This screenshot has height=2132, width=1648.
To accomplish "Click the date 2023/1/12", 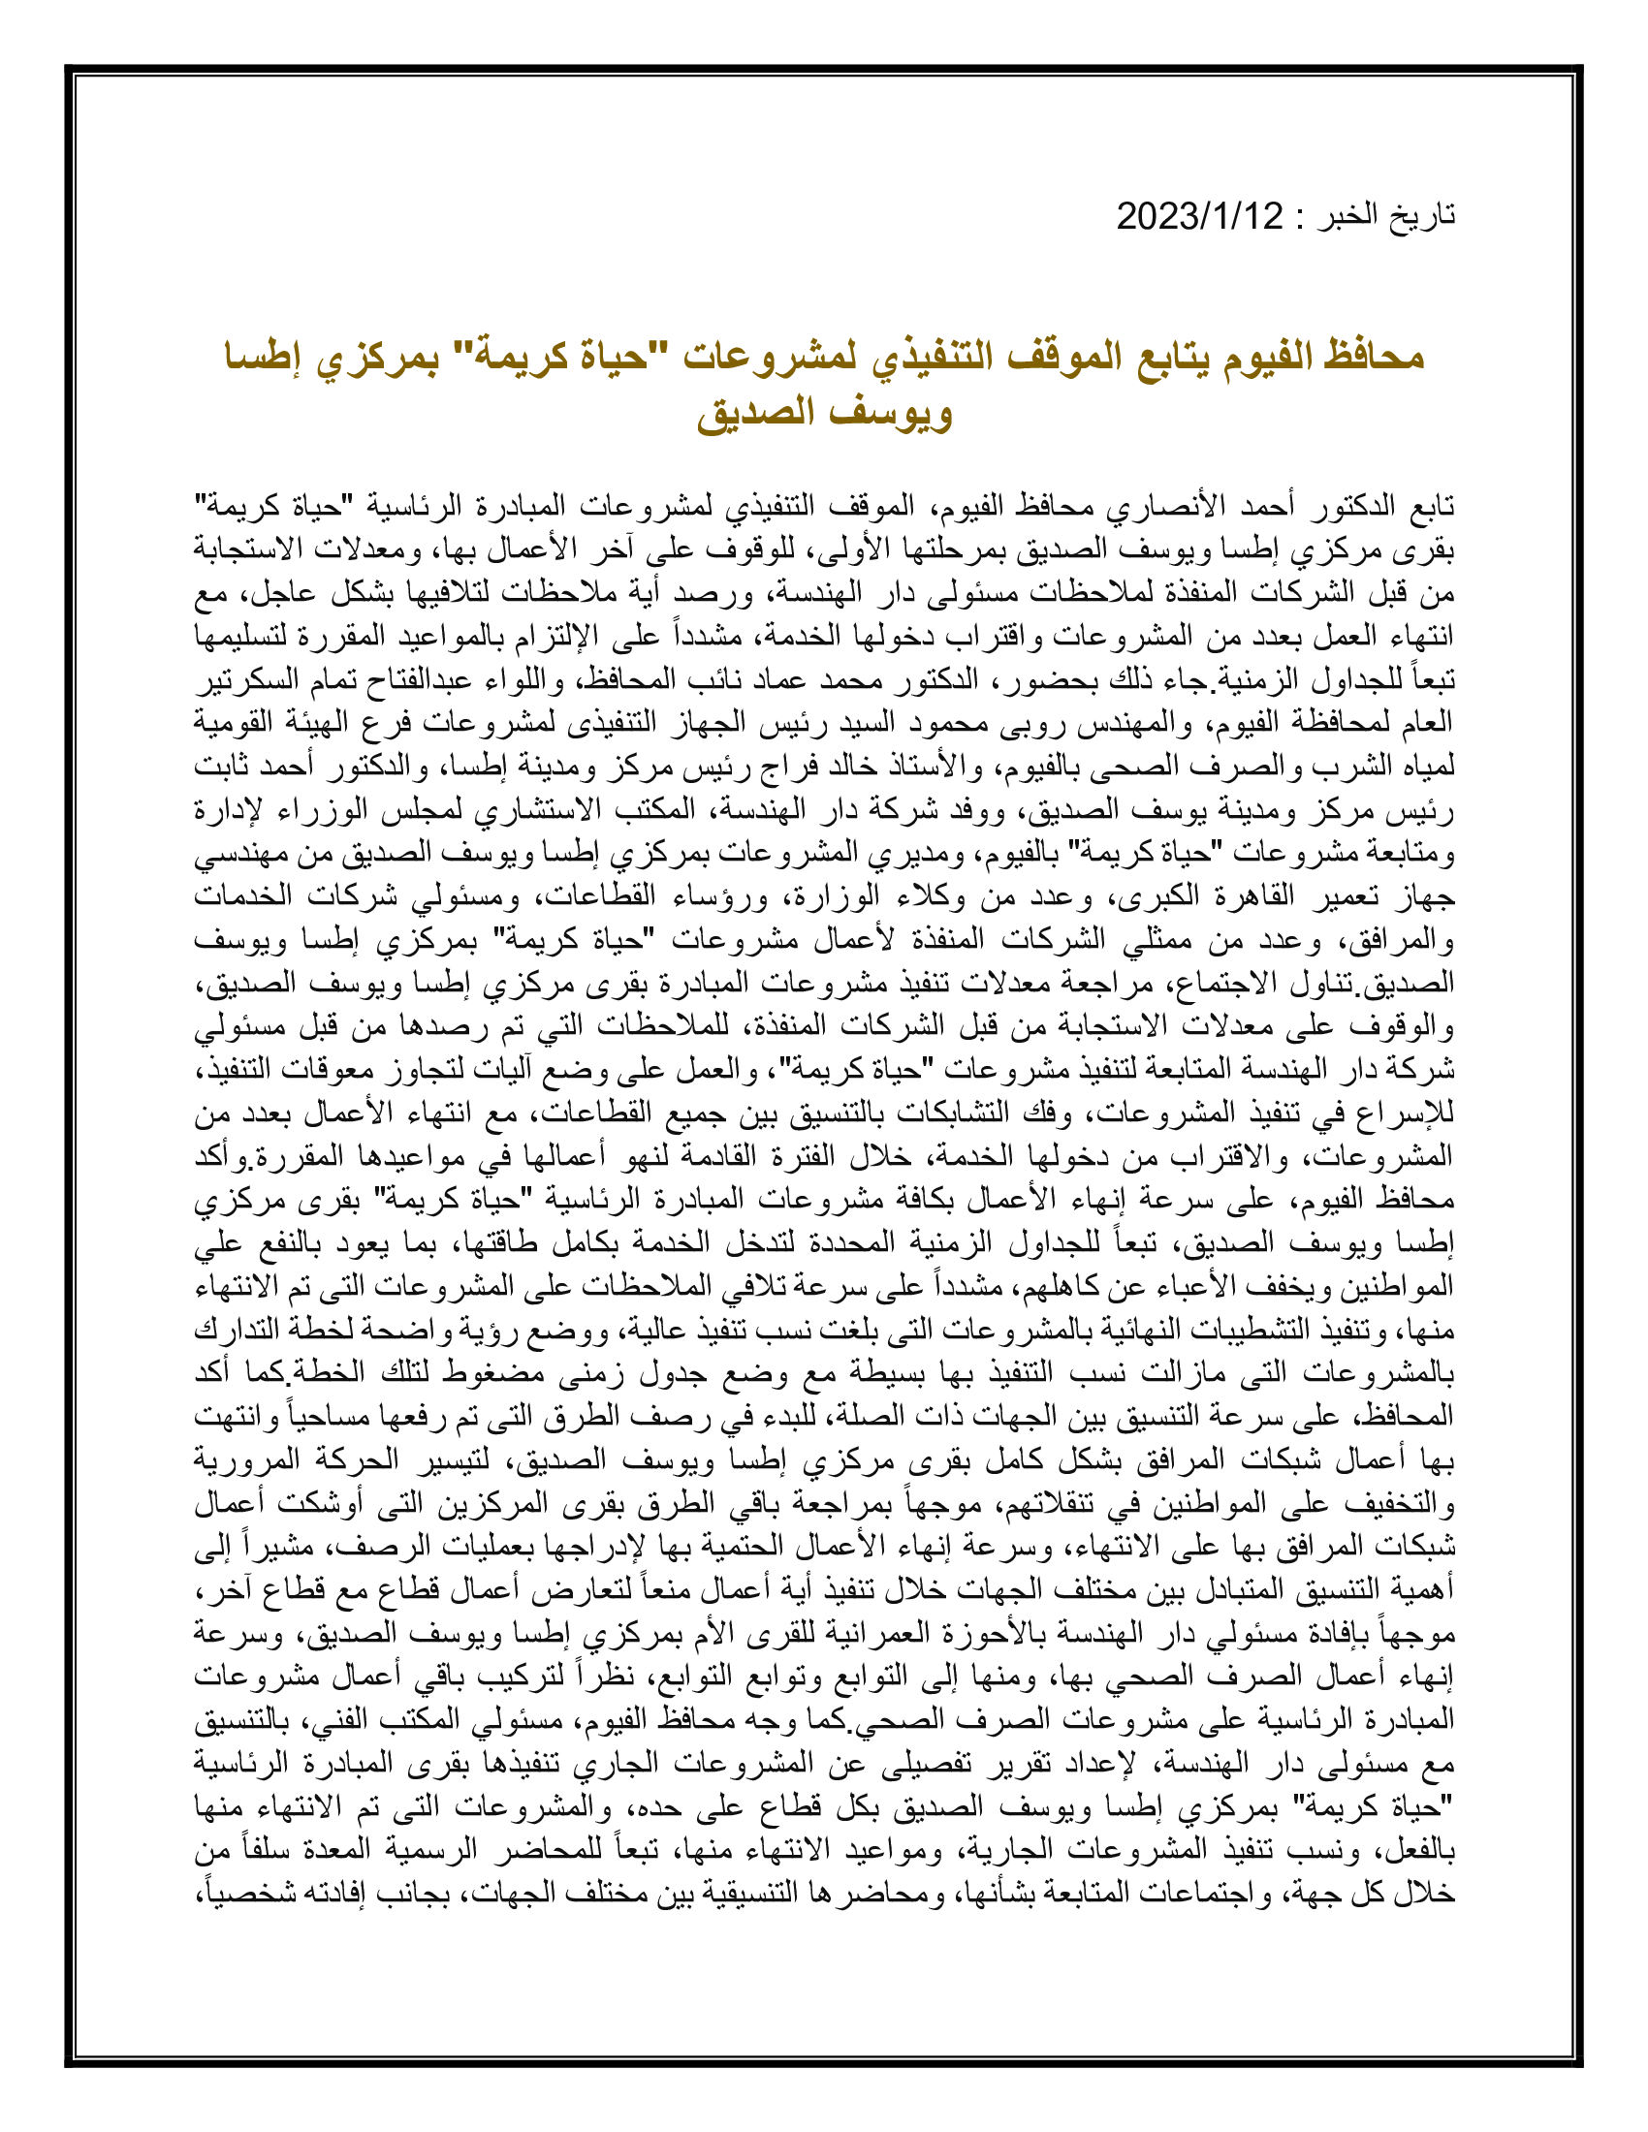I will pyautogui.click(x=1200, y=216).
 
